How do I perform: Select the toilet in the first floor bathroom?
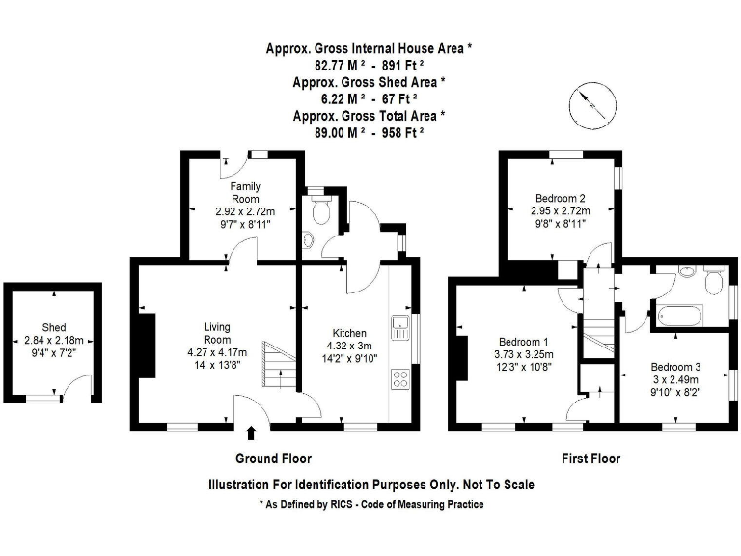(x=714, y=282)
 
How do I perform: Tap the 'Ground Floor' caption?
(x=273, y=459)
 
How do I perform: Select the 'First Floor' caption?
(x=590, y=459)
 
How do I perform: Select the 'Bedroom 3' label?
(x=676, y=367)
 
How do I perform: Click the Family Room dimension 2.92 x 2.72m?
(x=244, y=210)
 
